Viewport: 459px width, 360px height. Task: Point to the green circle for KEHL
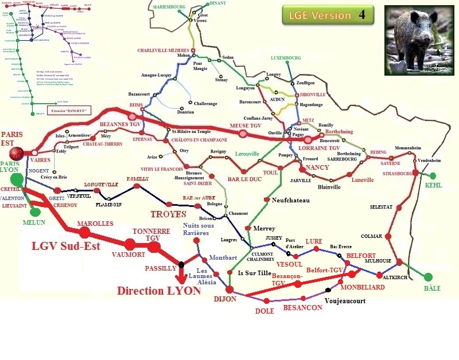433,176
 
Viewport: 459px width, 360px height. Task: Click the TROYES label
168,214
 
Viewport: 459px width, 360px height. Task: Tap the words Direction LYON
159,291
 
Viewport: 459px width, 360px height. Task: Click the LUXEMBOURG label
286,58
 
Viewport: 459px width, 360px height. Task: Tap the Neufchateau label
290,200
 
